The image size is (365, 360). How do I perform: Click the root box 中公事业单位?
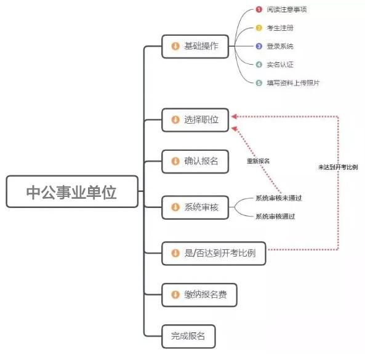click(x=72, y=191)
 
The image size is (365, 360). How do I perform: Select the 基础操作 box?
click(x=195, y=46)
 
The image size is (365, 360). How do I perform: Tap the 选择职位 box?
click(x=195, y=120)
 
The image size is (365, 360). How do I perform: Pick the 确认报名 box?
click(x=195, y=161)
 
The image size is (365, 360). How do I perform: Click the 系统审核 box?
click(x=195, y=207)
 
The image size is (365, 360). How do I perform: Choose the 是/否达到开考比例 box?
click(x=214, y=253)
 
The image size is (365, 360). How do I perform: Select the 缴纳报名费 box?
click(x=199, y=295)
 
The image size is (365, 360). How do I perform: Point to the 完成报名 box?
click(x=188, y=336)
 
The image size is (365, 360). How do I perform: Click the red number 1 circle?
click(x=259, y=10)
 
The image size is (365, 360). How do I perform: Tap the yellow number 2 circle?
click(x=259, y=28)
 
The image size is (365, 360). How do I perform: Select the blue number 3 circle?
click(x=259, y=46)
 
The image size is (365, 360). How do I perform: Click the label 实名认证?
click(x=280, y=65)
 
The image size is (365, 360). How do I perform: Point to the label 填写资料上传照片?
click(x=293, y=83)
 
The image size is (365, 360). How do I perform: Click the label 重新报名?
click(x=258, y=161)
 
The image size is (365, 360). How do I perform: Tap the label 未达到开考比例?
click(x=338, y=167)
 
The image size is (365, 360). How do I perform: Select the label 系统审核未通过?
click(x=279, y=198)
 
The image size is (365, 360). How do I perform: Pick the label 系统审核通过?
click(x=275, y=217)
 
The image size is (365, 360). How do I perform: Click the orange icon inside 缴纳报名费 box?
click(x=175, y=295)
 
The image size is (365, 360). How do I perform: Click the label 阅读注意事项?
click(x=287, y=10)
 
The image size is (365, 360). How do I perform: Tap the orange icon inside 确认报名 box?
click(x=175, y=161)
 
